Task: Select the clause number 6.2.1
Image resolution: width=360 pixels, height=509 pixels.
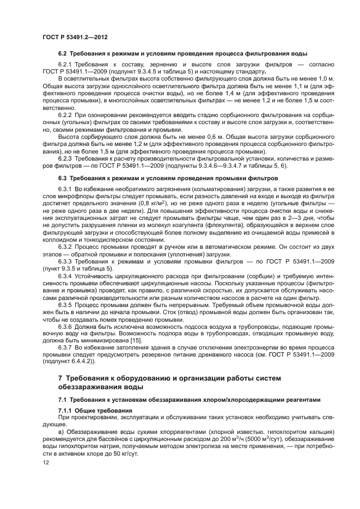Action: [67, 64]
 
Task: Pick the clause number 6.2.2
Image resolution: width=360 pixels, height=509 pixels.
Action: [67, 115]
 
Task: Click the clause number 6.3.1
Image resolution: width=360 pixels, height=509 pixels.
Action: [67, 188]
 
